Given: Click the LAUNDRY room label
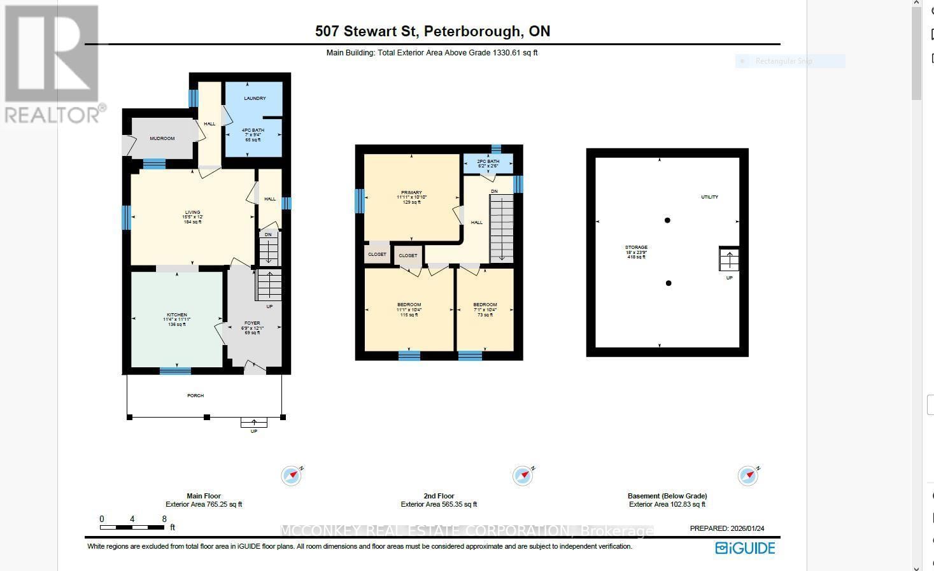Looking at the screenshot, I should coord(254,98).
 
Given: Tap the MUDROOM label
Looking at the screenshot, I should coord(162,138).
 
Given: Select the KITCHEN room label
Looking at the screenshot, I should coord(177,315).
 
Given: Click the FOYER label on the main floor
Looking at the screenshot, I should coord(252,323).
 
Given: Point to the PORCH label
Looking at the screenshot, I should coord(195,395).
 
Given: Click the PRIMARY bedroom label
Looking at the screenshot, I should coord(411,192).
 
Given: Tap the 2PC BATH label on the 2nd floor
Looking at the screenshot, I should coord(488,162).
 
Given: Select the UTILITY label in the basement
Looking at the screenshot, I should coord(709,197).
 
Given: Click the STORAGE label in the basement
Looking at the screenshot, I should coord(636,248).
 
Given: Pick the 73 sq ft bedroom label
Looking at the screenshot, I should coord(485,305).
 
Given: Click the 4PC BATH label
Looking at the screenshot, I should coord(253,130).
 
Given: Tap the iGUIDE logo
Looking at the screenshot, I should coord(745,548).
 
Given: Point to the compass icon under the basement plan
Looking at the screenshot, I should coord(748,476).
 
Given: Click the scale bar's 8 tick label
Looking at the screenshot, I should coord(164,519).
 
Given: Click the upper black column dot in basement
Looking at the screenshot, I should coord(667,220).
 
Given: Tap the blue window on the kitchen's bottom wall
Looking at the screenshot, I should coord(175,370).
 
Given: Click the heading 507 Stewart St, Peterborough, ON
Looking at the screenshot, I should coord(432,31).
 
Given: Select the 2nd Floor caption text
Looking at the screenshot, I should coord(439,496).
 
